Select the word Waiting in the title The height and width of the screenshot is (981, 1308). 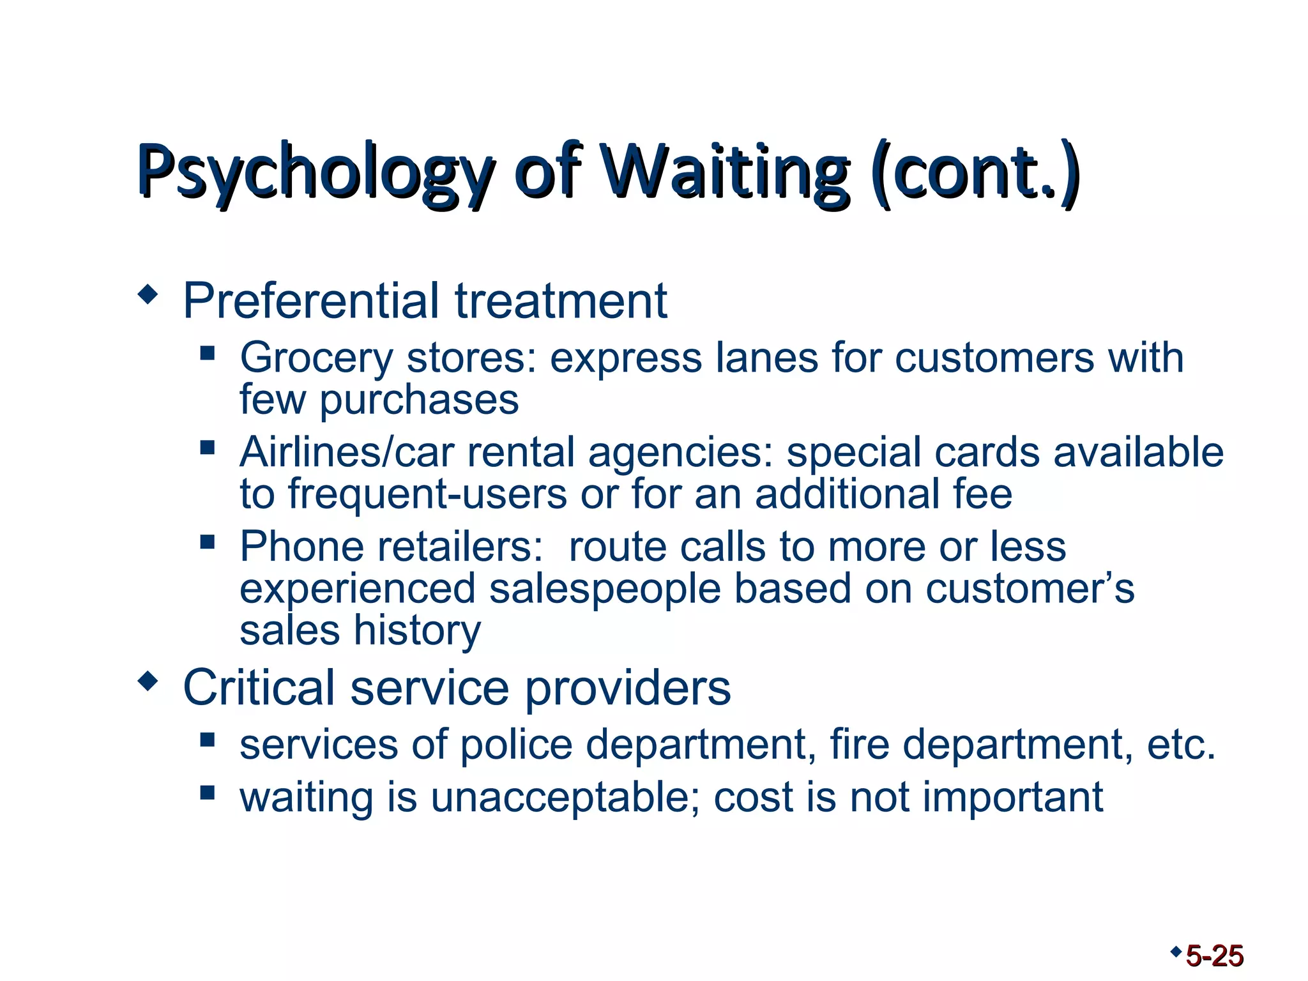pos(727,171)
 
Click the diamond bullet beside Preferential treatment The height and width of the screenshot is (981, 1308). pos(148,295)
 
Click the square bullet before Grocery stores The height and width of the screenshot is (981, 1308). pos(207,353)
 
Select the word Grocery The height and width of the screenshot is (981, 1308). pos(316,358)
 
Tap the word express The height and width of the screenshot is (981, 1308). pos(626,358)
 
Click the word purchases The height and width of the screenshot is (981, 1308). pos(419,400)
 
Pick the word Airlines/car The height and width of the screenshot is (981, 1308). pos(347,452)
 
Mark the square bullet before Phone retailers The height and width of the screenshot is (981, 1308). pos(207,542)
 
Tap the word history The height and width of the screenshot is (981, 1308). pos(417,631)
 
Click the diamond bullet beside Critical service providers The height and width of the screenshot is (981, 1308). pos(148,681)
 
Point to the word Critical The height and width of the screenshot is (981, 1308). pos(259,688)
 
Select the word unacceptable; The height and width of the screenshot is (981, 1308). pos(565,798)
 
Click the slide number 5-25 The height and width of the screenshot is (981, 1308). pos(1214,956)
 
